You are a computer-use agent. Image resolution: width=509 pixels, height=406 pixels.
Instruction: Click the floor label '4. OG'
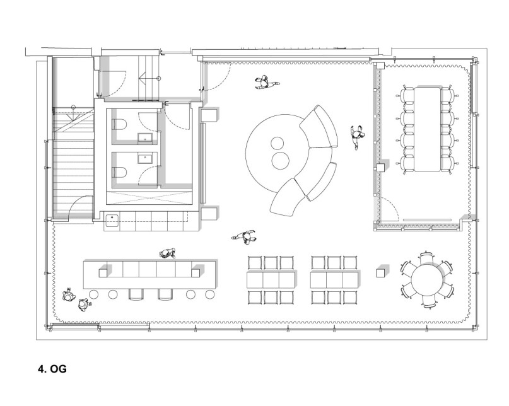pos(52,369)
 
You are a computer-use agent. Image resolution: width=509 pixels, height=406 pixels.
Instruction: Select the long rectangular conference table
pos(427,129)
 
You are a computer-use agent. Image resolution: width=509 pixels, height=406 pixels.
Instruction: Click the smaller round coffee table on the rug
pos(277,143)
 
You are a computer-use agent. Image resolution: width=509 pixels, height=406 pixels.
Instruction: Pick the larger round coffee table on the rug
pos(280,161)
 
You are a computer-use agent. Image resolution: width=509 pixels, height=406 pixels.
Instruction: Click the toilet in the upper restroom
pos(119,125)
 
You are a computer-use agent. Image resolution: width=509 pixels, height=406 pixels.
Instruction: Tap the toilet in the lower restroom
pos(119,172)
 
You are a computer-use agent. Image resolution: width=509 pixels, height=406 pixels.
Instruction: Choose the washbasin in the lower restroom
pos(145,159)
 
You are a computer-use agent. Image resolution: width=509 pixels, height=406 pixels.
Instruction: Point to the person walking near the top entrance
pos(266,83)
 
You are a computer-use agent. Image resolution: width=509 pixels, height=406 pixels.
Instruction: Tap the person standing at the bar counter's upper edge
pos(168,253)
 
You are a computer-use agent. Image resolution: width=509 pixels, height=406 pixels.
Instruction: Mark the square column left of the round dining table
pos(380,272)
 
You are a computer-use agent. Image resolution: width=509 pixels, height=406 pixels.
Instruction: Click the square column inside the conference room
pos(380,168)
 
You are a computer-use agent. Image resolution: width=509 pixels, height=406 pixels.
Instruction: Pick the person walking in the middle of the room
pos(244,236)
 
